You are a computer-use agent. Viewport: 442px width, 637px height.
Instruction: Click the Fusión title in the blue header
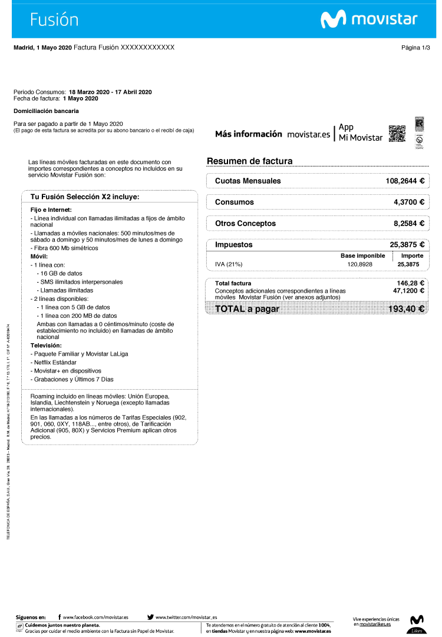54,19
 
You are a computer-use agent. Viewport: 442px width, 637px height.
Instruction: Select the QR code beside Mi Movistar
397,134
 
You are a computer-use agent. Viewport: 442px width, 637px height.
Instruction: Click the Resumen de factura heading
249,161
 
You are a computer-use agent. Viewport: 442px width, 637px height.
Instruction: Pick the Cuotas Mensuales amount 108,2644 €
405,181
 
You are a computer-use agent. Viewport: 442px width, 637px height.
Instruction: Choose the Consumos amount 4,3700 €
409,202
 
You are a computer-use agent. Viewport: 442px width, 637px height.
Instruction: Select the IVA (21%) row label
229,264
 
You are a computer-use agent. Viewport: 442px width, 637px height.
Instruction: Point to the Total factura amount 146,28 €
411,283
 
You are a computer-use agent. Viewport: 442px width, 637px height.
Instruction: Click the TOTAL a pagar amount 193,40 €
407,309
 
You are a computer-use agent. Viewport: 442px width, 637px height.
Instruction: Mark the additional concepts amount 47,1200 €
409,290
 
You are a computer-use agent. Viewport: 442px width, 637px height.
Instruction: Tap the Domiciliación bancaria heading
46,111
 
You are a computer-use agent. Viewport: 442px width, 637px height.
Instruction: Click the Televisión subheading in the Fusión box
47,345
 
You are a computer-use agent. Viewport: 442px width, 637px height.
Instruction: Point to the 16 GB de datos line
61,273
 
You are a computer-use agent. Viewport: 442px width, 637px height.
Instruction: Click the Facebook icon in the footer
60,616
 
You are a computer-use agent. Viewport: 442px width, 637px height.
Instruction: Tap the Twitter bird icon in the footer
150,616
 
